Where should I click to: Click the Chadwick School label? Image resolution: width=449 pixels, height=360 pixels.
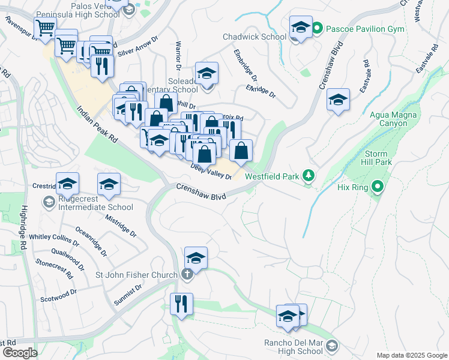coord(255,37)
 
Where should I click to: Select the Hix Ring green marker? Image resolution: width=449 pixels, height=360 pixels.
coord(377,187)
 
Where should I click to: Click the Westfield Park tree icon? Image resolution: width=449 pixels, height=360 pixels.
coord(309,175)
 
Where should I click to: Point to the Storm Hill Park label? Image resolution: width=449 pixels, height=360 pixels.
coord(376,158)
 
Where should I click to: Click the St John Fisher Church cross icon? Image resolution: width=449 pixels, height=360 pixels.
coord(187,275)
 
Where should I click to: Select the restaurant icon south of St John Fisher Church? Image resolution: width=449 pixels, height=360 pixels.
coord(181,303)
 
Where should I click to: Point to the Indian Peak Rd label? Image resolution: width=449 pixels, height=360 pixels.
coord(97,125)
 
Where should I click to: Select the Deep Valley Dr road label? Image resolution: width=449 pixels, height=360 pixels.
coord(210,172)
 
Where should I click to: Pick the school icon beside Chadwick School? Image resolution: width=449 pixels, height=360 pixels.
coord(301,28)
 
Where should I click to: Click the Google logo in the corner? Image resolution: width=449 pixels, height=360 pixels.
coord(19,353)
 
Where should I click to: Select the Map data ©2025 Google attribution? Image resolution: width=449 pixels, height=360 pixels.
coord(412,355)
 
